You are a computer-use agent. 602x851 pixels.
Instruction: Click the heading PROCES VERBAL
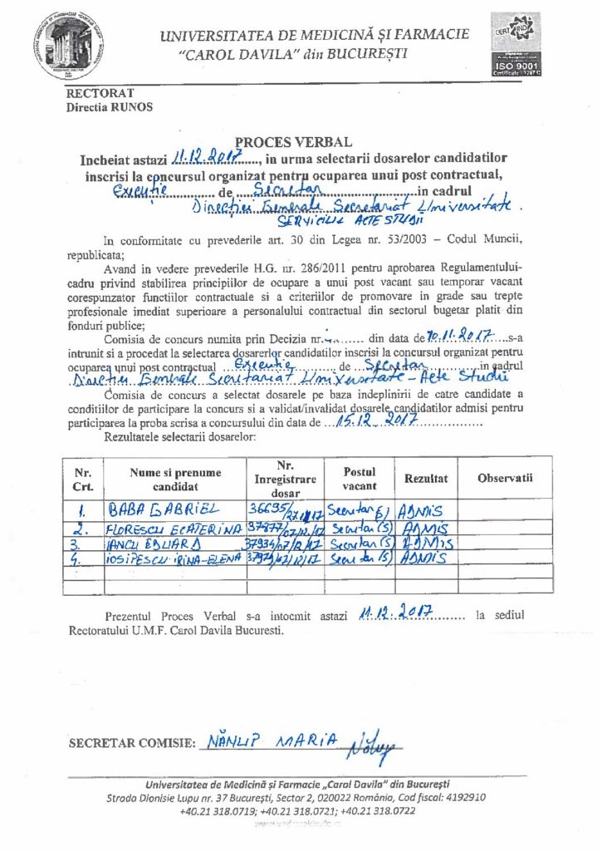click(x=299, y=142)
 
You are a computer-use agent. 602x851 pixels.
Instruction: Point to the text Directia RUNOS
click(x=109, y=107)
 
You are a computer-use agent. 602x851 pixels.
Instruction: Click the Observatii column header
click(x=504, y=479)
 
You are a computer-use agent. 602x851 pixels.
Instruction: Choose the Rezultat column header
click(x=426, y=479)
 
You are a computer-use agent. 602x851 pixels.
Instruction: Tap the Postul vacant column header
click(x=360, y=479)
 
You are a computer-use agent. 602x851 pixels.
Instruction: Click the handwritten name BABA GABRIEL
click(x=161, y=509)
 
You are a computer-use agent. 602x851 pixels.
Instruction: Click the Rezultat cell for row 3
click(x=426, y=544)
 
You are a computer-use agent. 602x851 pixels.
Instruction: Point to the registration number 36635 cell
click(x=284, y=510)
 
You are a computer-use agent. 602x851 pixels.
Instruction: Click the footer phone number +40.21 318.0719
click(x=218, y=809)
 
